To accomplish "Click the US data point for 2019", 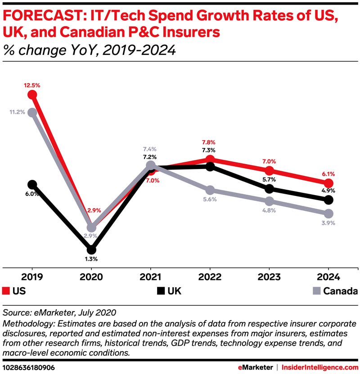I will (x=32, y=94).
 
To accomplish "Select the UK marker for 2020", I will (x=91, y=249).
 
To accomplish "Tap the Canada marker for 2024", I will (x=328, y=213).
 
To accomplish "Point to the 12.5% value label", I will (x=32, y=84).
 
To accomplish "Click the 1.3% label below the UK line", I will (x=91, y=259).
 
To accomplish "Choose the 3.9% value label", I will (x=328, y=223).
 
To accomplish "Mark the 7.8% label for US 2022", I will (x=210, y=143).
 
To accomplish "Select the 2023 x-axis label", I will (x=269, y=276).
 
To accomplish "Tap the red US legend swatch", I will (x=6, y=291).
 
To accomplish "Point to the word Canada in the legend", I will (x=339, y=291).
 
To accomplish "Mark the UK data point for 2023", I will (x=269, y=189).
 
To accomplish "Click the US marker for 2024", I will (x=328, y=183).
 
